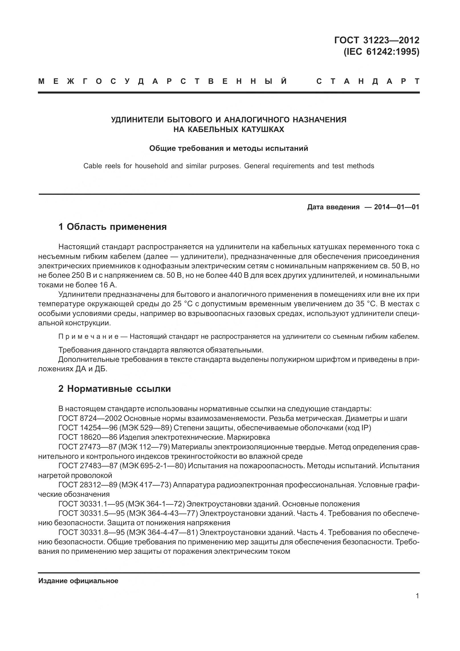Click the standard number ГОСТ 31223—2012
point(376,40)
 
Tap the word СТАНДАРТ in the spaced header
point(368,82)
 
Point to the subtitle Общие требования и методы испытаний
point(229,148)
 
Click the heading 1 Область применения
point(112,227)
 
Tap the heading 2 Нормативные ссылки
point(115,389)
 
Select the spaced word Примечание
point(88,336)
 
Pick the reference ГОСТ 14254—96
point(87,428)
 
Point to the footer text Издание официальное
point(78,581)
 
